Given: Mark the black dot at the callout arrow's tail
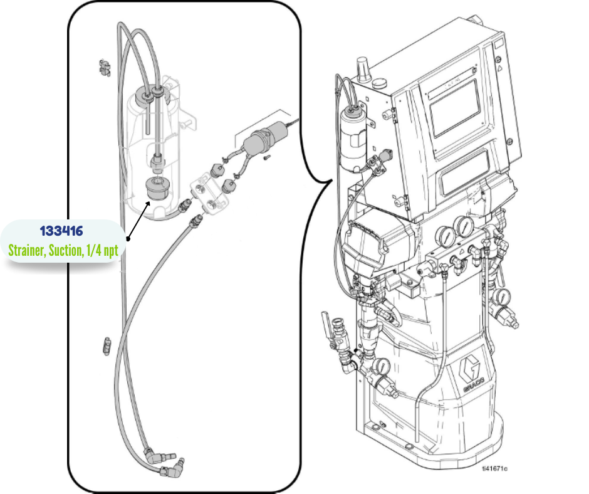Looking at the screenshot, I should [127, 239].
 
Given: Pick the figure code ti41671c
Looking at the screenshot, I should [494, 468].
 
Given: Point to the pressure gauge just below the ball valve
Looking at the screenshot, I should [383, 367].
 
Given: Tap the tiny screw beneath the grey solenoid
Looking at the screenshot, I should [266, 157].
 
